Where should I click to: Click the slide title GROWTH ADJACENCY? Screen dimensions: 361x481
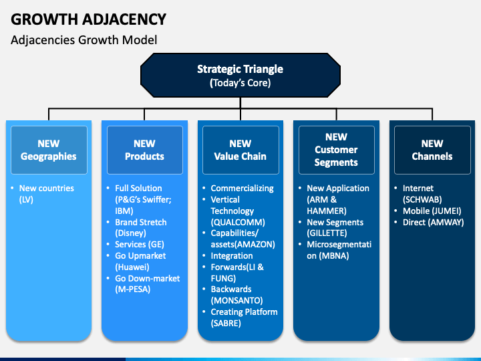tap(89, 19)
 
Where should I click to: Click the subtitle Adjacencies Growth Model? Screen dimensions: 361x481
tap(84, 40)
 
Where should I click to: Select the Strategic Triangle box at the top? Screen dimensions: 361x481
tap(240, 76)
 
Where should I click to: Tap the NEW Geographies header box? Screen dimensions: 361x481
tap(49, 150)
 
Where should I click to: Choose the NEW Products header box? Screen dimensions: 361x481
tap(144, 150)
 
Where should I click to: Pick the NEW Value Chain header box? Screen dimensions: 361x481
tap(240, 150)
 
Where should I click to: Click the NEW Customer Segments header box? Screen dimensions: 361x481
tap(336, 150)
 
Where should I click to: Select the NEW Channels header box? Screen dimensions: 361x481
tap(432, 150)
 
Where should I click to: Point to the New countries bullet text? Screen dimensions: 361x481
tap(46, 189)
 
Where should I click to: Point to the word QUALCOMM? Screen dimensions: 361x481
tap(238, 222)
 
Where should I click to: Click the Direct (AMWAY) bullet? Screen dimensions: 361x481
tap(433, 222)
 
